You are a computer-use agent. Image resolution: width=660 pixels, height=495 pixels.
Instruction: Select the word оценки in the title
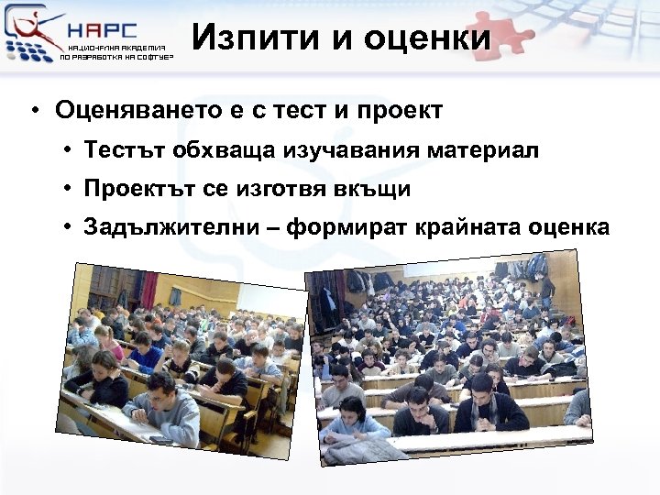click(x=428, y=38)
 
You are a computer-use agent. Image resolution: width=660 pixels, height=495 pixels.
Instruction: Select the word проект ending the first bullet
click(x=398, y=111)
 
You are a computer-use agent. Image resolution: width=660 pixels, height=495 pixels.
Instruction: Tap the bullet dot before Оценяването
click(x=33, y=112)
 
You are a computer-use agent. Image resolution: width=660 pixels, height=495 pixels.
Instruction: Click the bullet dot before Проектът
click(x=69, y=189)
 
